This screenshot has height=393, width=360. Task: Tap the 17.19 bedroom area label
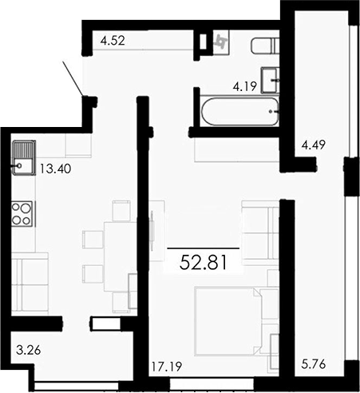point(166,368)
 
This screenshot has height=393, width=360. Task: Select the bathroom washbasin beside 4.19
point(276,77)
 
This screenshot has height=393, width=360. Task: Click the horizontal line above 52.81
point(203,249)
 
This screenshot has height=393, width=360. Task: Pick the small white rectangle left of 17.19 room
point(105,324)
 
